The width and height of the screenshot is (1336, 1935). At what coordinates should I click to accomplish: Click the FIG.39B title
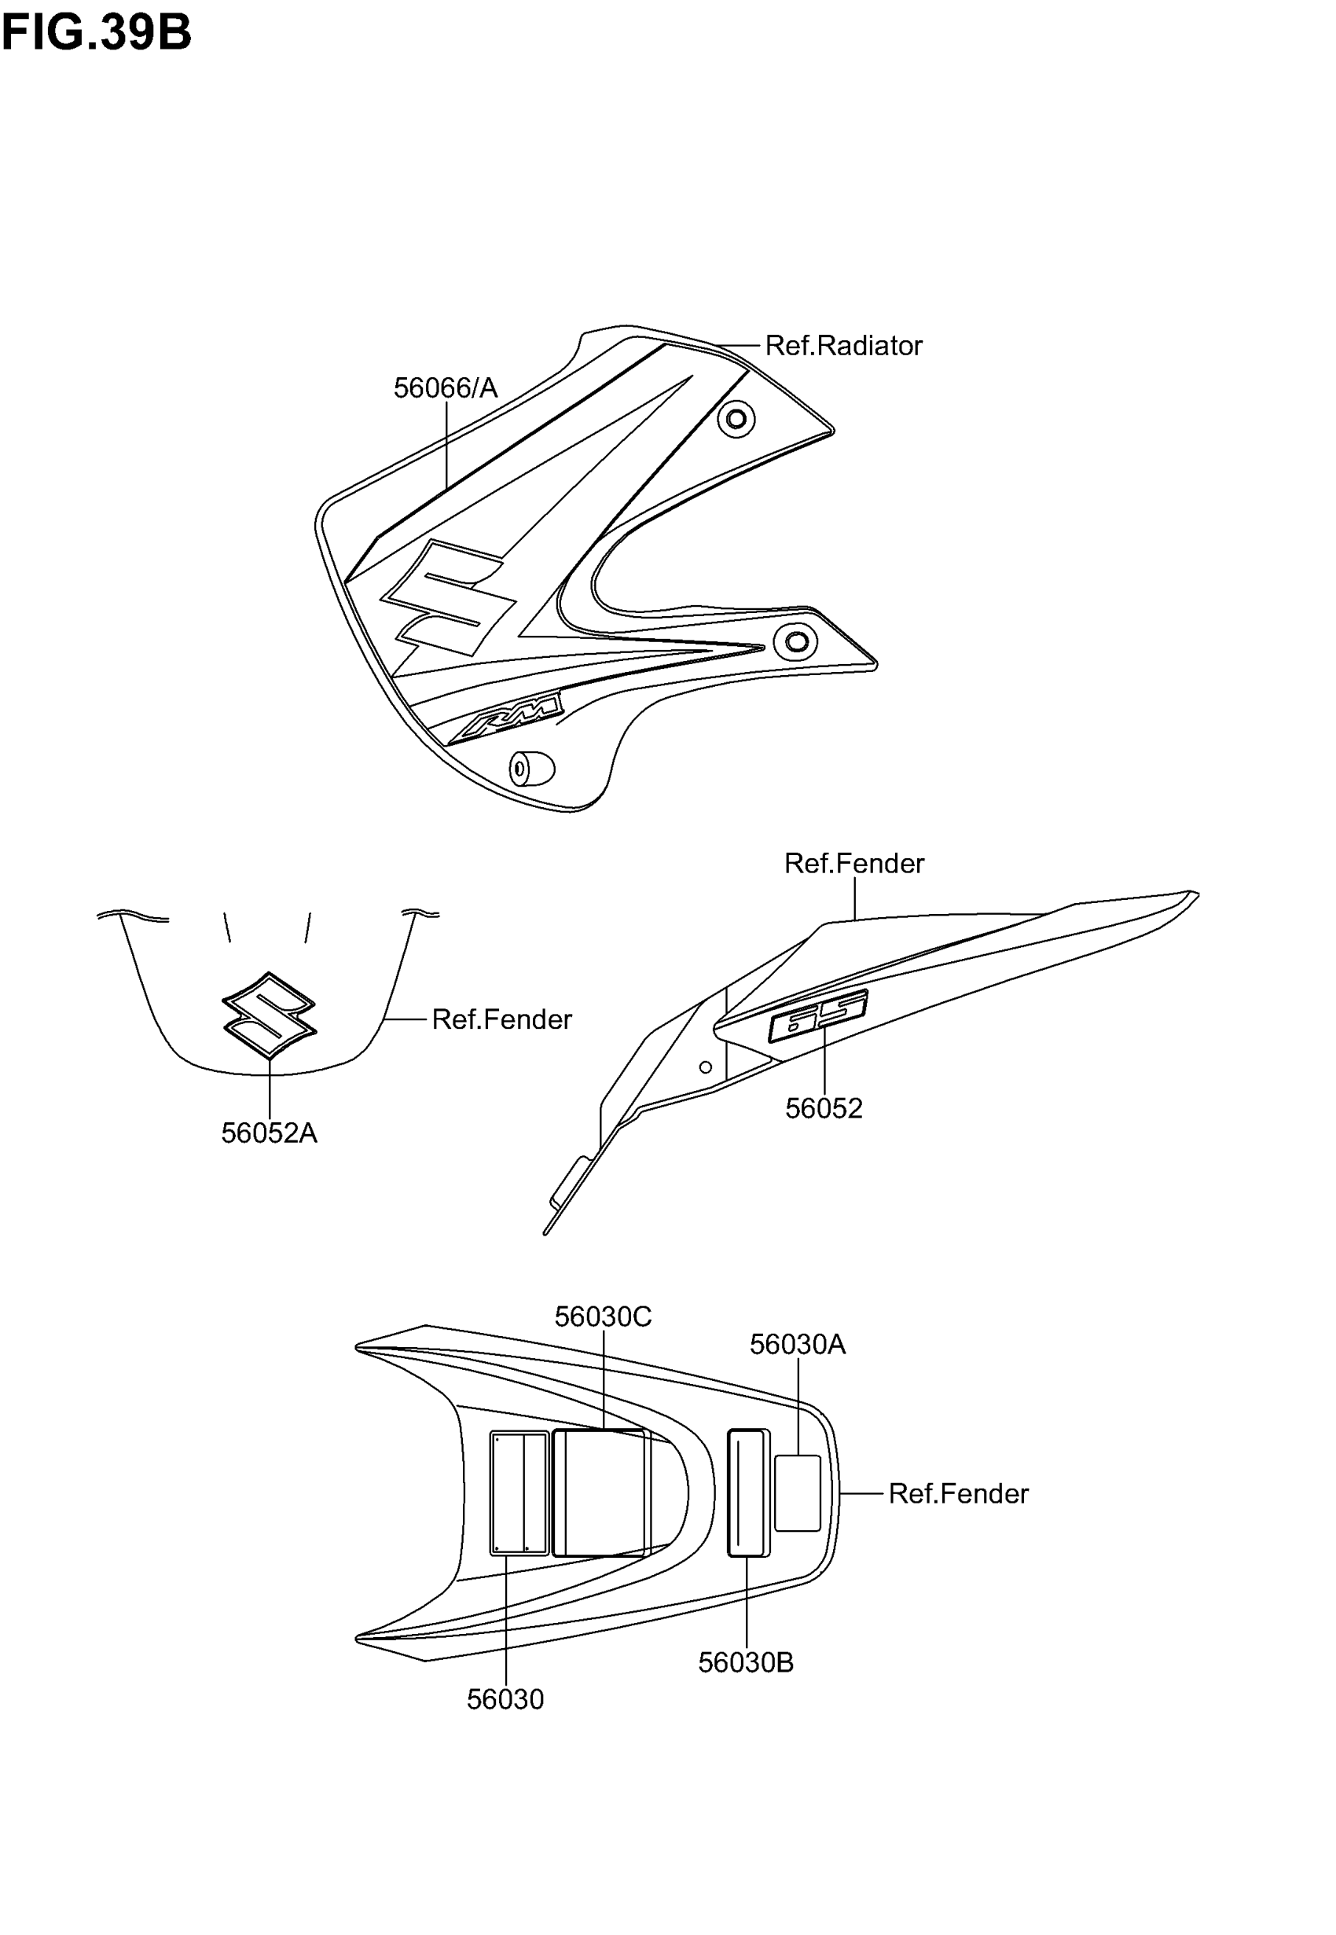click(x=96, y=33)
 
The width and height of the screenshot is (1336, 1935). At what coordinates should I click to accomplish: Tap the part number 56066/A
click(x=446, y=387)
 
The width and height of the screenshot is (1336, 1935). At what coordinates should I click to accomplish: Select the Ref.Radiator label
click(x=843, y=345)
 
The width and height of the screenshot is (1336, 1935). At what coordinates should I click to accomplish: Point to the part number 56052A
click(x=269, y=1133)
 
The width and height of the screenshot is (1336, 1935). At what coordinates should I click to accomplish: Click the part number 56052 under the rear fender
click(x=823, y=1107)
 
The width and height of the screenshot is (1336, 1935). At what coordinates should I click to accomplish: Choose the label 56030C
click(x=603, y=1316)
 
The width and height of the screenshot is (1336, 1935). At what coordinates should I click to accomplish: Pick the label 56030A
click(x=797, y=1344)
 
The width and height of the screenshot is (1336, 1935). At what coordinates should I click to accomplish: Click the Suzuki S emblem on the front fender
click(x=269, y=1015)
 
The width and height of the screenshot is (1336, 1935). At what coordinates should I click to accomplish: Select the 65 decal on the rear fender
click(x=818, y=1016)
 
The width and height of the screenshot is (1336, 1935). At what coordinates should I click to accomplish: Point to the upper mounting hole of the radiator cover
click(x=736, y=417)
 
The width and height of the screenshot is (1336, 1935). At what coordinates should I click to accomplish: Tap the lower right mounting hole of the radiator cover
click(x=795, y=642)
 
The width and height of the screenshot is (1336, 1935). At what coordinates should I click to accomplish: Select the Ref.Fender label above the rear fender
click(x=853, y=863)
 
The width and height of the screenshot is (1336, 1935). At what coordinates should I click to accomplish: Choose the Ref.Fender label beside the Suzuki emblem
click(x=501, y=1019)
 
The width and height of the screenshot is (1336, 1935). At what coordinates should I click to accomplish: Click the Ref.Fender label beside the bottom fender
click(x=958, y=1493)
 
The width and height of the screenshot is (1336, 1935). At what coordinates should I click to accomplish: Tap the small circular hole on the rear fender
click(x=705, y=1067)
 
